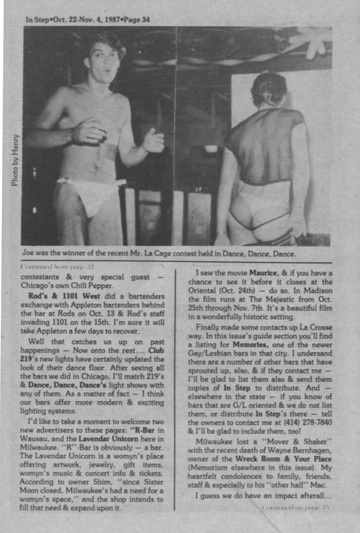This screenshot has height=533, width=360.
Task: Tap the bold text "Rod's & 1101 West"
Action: point(58,296)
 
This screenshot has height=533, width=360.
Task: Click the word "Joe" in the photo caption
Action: point(28,254)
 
